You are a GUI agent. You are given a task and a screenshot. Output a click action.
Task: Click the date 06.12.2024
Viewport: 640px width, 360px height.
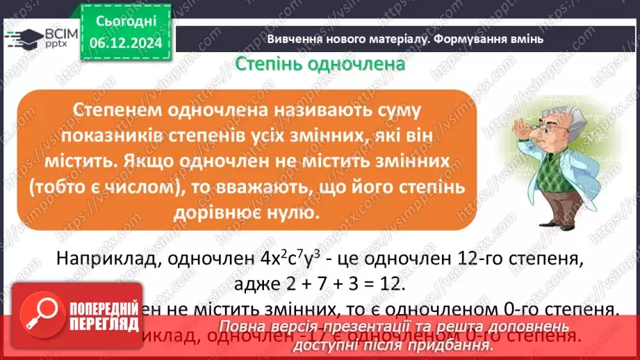(x=126, y=42)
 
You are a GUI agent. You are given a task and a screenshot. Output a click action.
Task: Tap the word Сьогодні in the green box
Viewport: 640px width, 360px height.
(x=126, y=23)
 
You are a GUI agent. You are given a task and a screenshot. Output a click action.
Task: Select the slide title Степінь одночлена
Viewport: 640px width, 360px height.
(x=320, y=65)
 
